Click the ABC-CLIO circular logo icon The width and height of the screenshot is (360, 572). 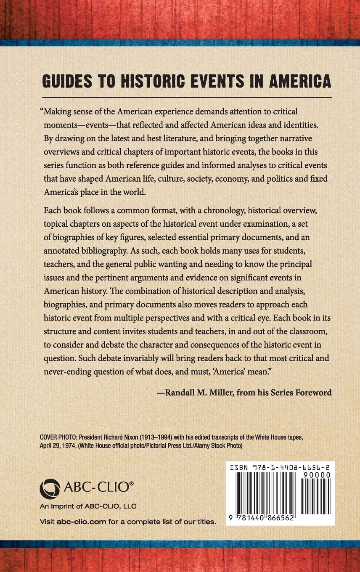tap(50, 489)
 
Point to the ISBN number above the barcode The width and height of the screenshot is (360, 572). tap(280, 467)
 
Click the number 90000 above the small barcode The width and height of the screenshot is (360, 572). tap(319, 474)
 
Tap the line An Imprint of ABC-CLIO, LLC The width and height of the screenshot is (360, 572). tap(88, 506)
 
